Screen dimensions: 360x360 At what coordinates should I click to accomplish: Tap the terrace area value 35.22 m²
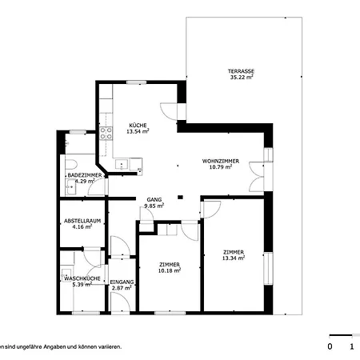tap(242, 78)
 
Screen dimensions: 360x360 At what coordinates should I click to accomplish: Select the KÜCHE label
tap(138, 123)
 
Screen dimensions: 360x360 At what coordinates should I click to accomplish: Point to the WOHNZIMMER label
tap(217, 161)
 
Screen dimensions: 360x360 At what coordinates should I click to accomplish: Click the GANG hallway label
tap(154, 199)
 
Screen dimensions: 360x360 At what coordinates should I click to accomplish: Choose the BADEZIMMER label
tap(83, 174)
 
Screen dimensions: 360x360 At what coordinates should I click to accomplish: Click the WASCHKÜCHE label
tap(82, 278)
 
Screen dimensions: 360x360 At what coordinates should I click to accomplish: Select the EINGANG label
tap(122, 282)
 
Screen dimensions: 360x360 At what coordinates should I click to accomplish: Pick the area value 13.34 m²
tap(234, 258)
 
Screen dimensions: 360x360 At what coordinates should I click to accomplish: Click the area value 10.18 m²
tap(169, 270)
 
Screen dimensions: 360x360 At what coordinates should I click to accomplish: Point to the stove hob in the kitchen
tap(106, 133)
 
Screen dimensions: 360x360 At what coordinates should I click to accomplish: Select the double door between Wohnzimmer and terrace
tap(255, 176)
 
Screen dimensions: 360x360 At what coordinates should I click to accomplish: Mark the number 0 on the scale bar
tap(330, 346)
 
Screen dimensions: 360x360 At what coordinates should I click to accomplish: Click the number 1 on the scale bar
tap(352, 346)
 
